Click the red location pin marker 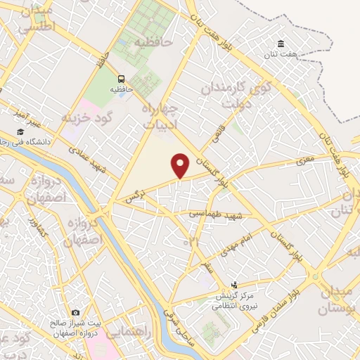pyautogui.click(x=181, y=165)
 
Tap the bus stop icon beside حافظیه pyautogui.click(x=122, y=79)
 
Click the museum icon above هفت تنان pyautogui.click(x=281, y=44)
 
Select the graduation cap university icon pyautogui.click(x=20, y=131)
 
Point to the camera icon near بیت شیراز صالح pyautogui.click(x=75, y=312)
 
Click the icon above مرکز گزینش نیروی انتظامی pyautogui.click(x=234, y=286)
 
